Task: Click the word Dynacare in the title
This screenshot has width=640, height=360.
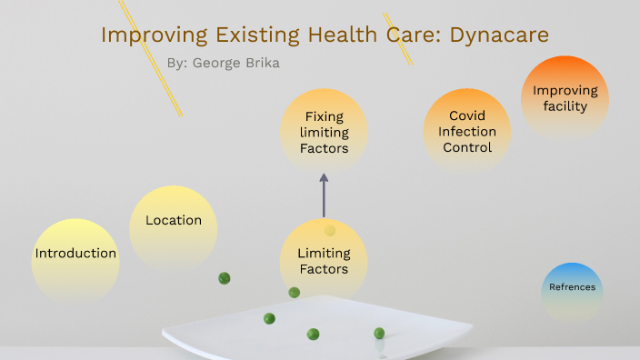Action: tap(499, 35)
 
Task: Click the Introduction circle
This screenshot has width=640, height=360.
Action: tap(75, 254)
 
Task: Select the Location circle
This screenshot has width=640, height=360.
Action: tap(173, 221)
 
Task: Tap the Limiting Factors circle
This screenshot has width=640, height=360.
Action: tap(324, 261)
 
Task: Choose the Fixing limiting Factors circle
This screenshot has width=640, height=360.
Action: tap(324, 132)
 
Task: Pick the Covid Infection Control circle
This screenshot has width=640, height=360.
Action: tap(467, 131)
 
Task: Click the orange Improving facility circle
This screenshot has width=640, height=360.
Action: tap(565, 98)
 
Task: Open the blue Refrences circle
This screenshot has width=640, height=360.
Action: tap(572, 287)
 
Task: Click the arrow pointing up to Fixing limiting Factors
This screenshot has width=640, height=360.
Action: tap(324, 195)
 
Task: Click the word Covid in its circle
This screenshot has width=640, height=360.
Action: tap(467, 115)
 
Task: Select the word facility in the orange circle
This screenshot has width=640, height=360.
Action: tap(565, 106)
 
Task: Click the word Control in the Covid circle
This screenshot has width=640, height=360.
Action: tap(467, 147)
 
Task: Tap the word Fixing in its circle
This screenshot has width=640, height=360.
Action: tap(324, 116)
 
